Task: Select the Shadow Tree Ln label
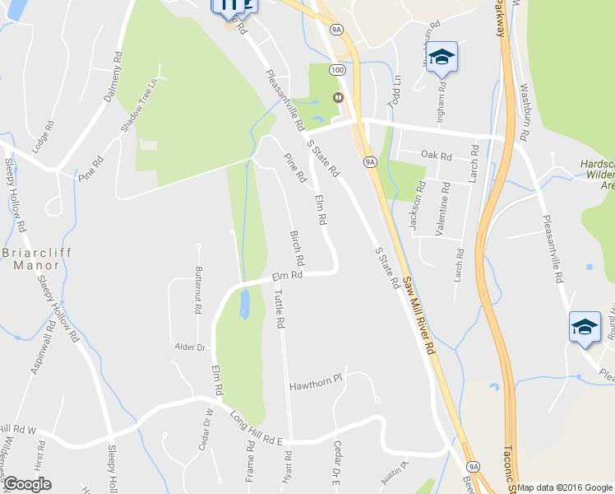click(x=138, y=105)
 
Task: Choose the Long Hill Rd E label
click(x=256, y=428)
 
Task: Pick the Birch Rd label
click(x=298, y=248)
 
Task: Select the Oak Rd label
click(x=436, y=155)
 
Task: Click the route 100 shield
click(x=338, y=70)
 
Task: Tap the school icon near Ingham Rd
click(x=442, y=57)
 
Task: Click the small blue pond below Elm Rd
click(x=244, y=305)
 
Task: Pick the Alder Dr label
click(x=189, y=347)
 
